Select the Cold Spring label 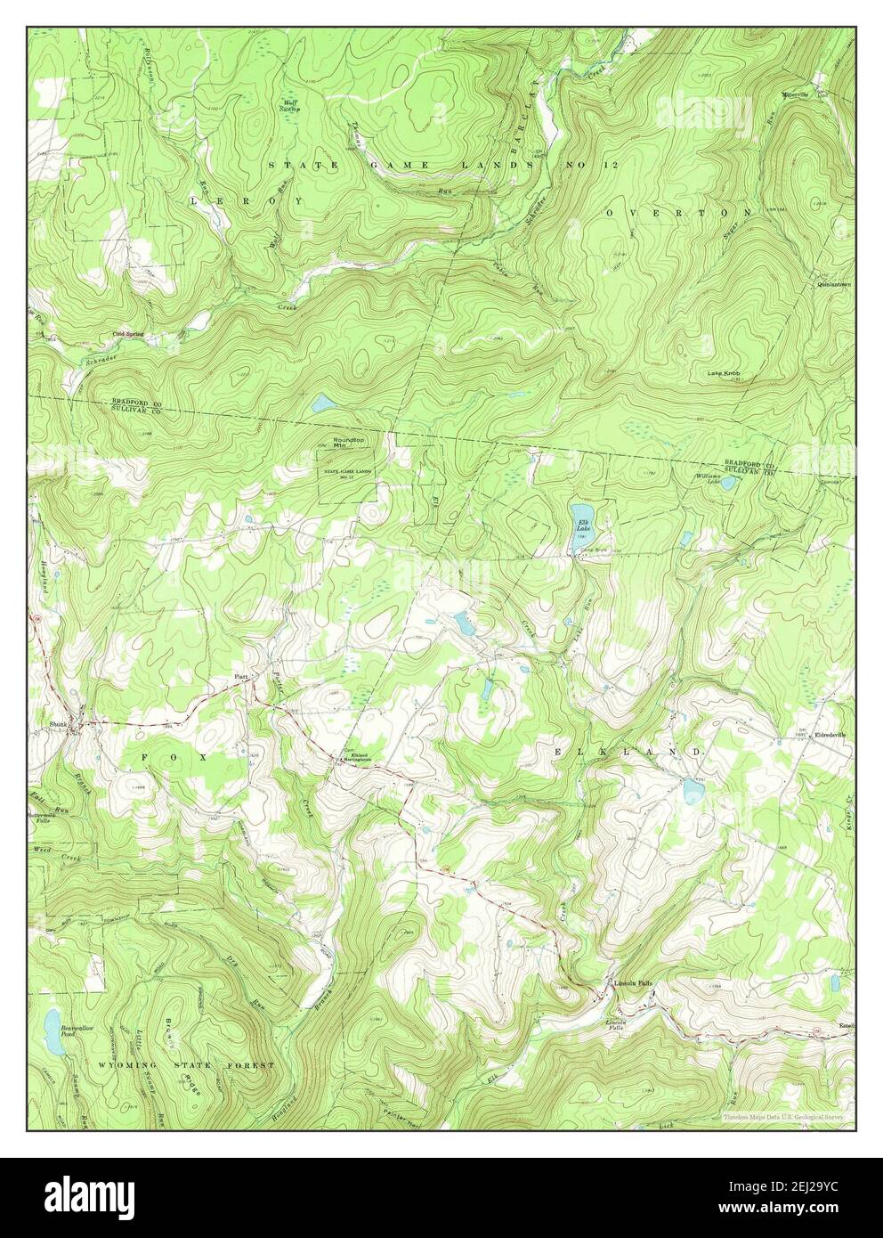pos(127,334)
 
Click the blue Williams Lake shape pos(727,484)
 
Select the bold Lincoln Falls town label pos(634,983)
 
